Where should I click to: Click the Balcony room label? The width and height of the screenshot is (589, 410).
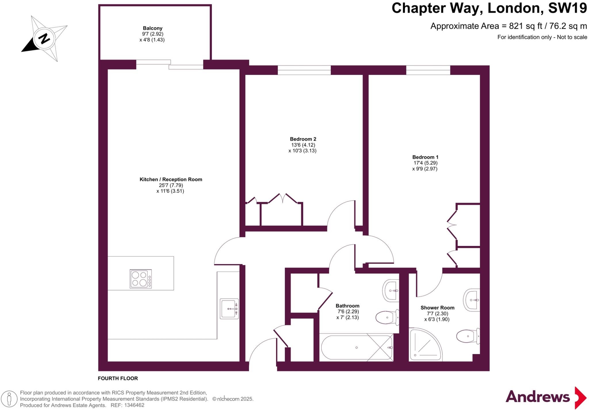point(152,28)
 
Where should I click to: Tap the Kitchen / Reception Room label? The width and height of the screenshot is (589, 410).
point(171,179)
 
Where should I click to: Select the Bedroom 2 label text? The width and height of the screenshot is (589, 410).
point(303,139)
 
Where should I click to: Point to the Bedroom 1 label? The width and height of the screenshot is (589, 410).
point(425,157)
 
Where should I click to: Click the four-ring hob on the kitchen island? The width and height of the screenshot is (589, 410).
point(141,279)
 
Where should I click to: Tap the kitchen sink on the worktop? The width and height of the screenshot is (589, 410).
point(229,309)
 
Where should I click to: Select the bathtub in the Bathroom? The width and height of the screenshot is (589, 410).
point(357,347)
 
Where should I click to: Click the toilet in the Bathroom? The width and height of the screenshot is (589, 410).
point(387,317)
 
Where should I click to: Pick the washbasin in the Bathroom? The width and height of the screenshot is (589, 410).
point(391,290)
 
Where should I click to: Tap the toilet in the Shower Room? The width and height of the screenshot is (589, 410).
point(468,336)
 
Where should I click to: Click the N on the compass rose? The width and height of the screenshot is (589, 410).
point(44,39)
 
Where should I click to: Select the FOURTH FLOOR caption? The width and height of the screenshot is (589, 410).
point(118,378)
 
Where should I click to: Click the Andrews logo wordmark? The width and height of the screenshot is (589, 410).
point(537,397)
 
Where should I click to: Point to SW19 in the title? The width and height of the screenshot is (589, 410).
point(567,8)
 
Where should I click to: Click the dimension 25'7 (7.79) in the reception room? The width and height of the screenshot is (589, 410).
point(171,185)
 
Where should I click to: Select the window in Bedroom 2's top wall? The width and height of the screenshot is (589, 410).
point(304,70)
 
